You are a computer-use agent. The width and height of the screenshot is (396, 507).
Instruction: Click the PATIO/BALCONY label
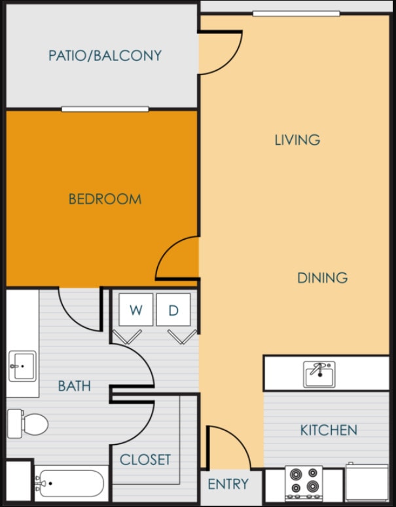click(x=105, y=56)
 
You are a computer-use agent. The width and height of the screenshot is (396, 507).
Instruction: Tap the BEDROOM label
click(x=105, y=199)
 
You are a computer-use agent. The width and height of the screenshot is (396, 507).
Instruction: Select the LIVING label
click(x=297, y=140)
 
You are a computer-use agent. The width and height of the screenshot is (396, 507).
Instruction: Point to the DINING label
click(x=322, y=278)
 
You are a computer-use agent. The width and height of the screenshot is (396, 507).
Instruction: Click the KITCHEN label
click(x=329, y=430)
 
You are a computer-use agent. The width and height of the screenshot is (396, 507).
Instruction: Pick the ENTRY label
click(x=228, y=485)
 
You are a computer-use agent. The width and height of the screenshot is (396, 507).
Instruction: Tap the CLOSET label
click(x=145, y=460)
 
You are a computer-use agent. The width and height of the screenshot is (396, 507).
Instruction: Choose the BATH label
click(x=74, y=386)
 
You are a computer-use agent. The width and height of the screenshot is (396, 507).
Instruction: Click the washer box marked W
click(x=136, y=310)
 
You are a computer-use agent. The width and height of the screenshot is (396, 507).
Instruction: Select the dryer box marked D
click(x=173, y=310)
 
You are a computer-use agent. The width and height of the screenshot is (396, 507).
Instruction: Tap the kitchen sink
click(x=319, y=373)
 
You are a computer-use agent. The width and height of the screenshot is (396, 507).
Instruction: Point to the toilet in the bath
click(x=29, y=423)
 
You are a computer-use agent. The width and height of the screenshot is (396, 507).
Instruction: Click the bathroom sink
click(x=22, y=366)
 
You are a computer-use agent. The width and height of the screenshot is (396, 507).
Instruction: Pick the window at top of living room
click(x=296, y=13)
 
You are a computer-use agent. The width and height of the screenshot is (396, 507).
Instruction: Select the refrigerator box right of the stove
click(x=367, y=483)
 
